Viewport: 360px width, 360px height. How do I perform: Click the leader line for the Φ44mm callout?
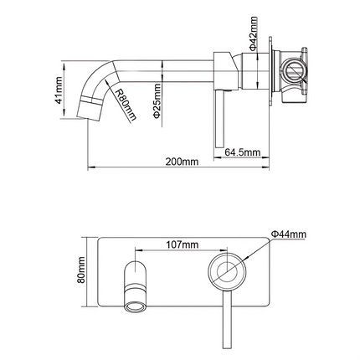coord(258,248)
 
